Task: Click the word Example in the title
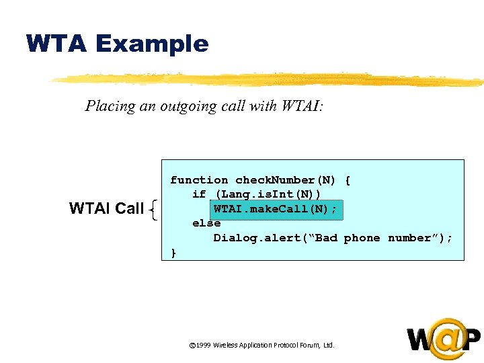point(152,44)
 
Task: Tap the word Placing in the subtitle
point(107,106)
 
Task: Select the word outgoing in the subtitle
point(189,106)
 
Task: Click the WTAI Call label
point(106,209)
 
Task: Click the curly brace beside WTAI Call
point(155,210)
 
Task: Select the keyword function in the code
point(199,180)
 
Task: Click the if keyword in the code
point(199,194)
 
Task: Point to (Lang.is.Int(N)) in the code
point(268,194)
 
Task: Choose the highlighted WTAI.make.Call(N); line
point(276,209)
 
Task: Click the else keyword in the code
point(206,224)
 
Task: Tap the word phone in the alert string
point(362,238)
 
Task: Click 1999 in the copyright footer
point(202,346)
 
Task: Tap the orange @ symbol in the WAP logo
point(448,338)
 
